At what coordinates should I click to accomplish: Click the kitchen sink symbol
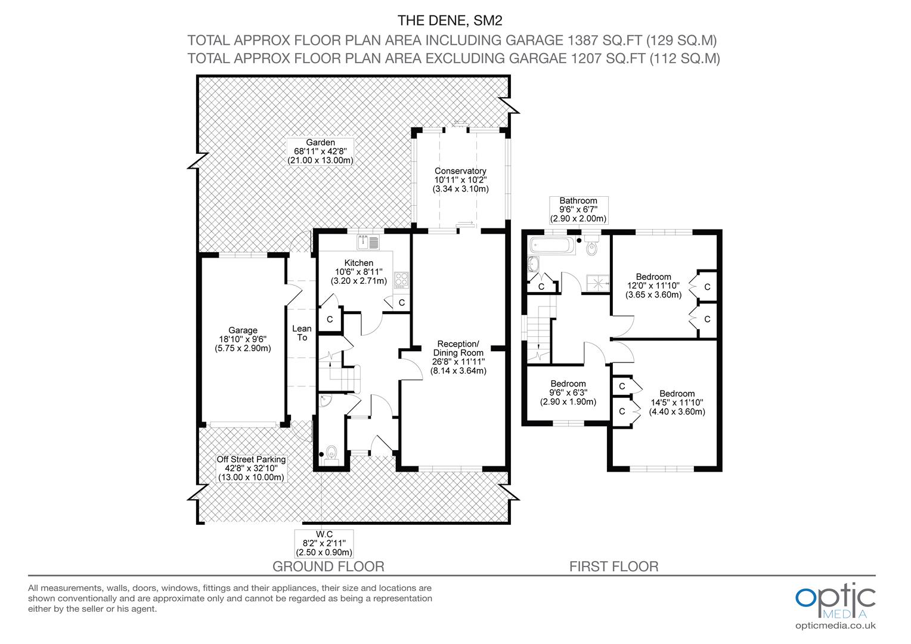(368, 242)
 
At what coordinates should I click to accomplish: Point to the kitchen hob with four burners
(401, 280)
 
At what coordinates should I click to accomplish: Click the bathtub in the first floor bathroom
(552, 245)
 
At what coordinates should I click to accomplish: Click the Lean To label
(302, 333)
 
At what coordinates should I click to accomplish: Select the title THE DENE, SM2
(450, 20)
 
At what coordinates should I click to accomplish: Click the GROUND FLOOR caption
(328, 566)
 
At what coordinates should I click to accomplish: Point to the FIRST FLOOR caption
(613, 566)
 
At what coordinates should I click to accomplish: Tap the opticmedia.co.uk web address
(835, 626)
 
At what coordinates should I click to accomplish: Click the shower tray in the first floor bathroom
(597, 283)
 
